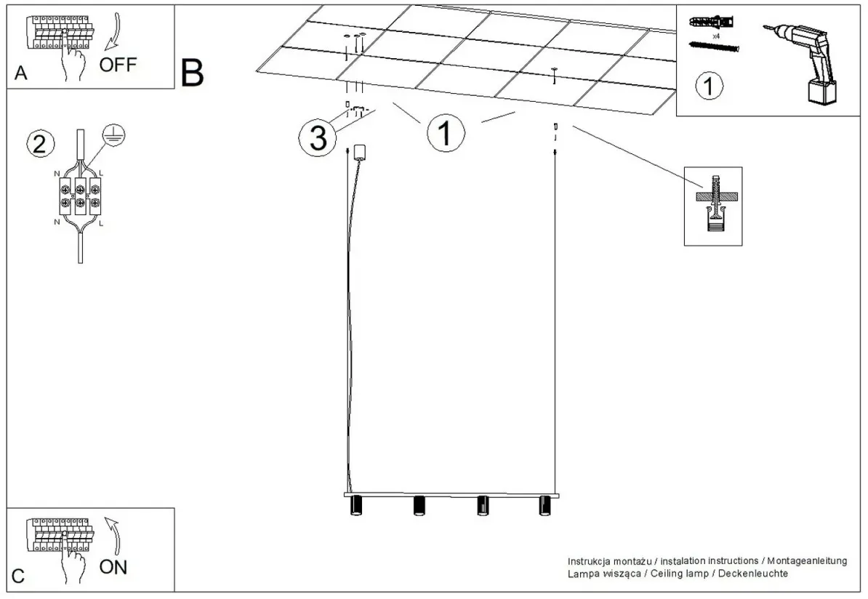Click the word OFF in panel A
tap(117, 64)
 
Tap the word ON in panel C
tap(113, 567)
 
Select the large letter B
tap(192, 73)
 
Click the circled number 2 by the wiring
tap(41, 144)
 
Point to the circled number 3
tap(318, 138)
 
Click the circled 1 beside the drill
tap(709, 86)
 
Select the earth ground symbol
tap(114, 135)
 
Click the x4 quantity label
tap(716, 36)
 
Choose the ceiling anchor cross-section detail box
tap(713, 206)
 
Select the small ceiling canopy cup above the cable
tap(361, 152)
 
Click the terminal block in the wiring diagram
tap(80, 196)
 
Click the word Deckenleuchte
tap(753, 574)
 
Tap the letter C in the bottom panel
tap(18, 576)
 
